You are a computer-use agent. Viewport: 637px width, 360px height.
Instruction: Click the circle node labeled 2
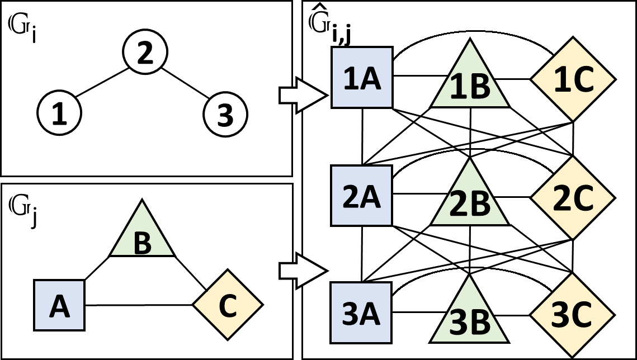(144, 54)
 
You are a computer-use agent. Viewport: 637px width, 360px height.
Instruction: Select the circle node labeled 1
(59, 113)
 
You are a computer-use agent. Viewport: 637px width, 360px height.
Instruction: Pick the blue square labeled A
(59, 306)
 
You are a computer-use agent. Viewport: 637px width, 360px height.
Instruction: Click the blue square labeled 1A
(362, 77)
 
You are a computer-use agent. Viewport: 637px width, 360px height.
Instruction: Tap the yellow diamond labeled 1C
(573, 79)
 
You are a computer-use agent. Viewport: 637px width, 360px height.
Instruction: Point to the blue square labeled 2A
(362, 196)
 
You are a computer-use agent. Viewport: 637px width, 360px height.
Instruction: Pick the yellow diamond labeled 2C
(573, 197)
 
